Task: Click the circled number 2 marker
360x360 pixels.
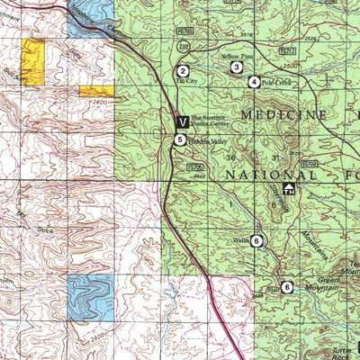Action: click(183, 71)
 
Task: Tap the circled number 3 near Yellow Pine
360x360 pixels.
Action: click(237, 67)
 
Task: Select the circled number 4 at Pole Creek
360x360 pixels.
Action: click(255, 82)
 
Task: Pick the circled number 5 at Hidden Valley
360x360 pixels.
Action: click(181, 139)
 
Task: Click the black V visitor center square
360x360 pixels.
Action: click(182, 121)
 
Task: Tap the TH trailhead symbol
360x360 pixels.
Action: click(289, 189)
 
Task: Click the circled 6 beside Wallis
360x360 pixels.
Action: click(257, 240)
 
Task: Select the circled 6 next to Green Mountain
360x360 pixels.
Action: click(286, 287)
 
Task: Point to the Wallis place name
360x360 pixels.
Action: click(240, 241)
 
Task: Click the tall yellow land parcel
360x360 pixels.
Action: click(33, 61)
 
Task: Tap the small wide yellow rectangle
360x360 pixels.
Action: click(96, 91)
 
